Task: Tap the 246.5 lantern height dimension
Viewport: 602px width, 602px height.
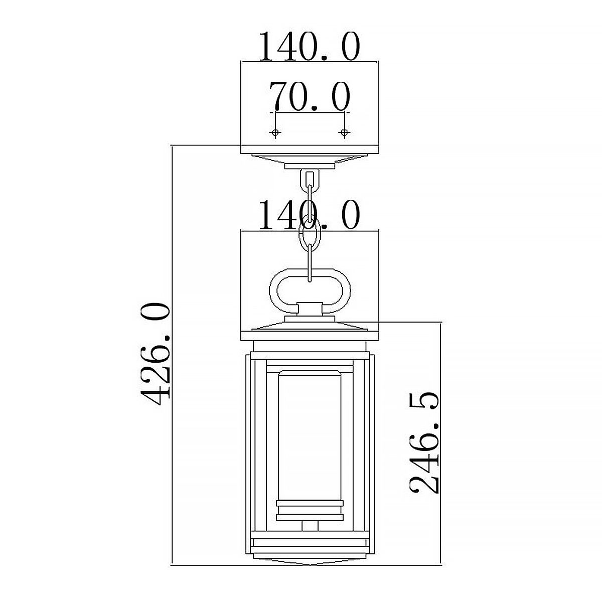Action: pyautogui.click(x=423, y=442)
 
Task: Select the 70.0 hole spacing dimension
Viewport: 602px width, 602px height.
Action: pyautogui.click(x=310, y=96)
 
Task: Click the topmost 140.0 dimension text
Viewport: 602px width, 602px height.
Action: pyautogui.click(x=310, y=46)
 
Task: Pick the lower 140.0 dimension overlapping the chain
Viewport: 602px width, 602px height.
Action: pyautogui.click(x=310, y=215)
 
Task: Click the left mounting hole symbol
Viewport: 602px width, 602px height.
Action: pyautogui.click(x=275, y=133)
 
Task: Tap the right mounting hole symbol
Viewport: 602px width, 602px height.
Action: pyautogui.click(x=344, y=133)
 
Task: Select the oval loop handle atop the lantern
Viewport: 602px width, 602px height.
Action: pyautogui.click(x=270, y=290)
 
